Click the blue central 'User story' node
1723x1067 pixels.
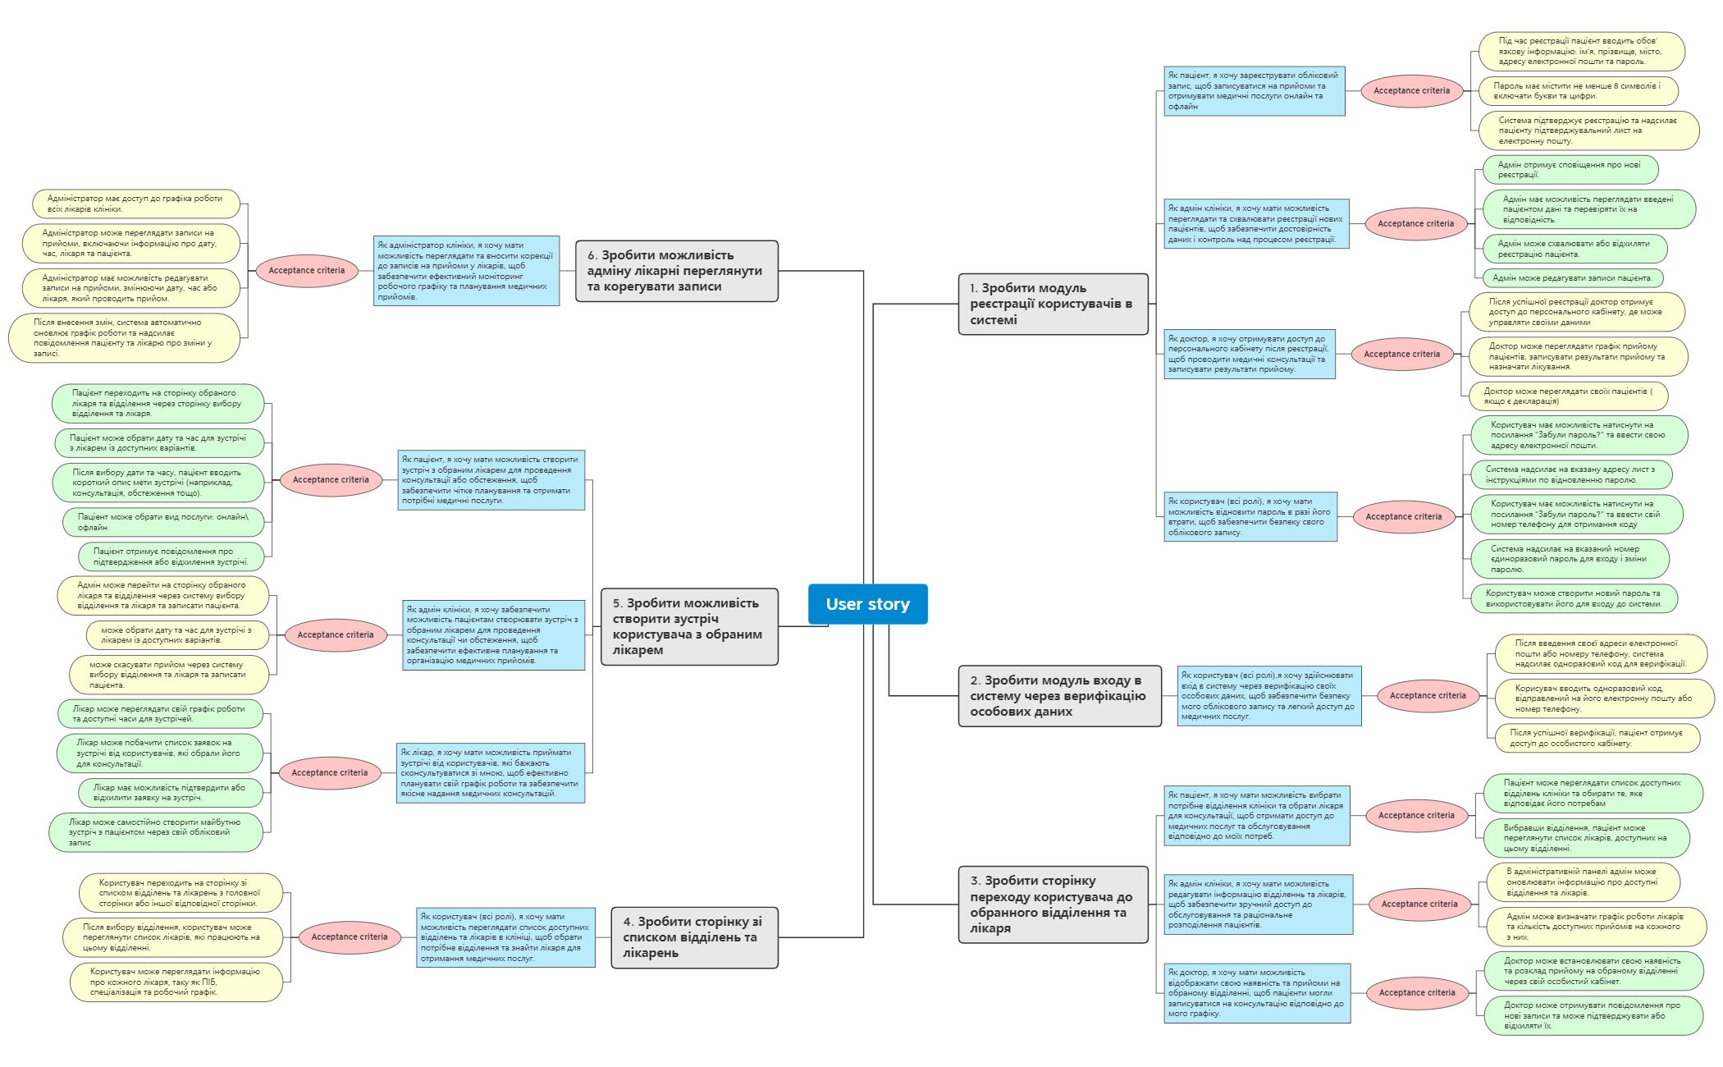coord(867,604)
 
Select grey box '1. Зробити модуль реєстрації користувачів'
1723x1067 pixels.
coord(1053,304)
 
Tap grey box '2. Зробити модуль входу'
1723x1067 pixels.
coord(1059,696)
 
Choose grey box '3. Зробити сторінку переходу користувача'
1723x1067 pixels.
coord(1053,904)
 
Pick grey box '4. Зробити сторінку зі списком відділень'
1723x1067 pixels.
coord(694,937)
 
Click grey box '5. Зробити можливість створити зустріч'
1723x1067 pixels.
coord(689,626)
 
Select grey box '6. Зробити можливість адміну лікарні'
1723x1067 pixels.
coord(676,271)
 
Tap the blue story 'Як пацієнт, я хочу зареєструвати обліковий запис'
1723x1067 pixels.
coord(1254,91)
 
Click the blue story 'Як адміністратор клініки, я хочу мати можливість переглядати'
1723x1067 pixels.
coord(466,271)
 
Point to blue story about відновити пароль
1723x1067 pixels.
coord(1250,516)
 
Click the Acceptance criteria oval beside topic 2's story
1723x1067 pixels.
coord(1428,695)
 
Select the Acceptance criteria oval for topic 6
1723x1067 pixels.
coord(307,270)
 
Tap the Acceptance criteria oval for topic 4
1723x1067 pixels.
coord(350,936)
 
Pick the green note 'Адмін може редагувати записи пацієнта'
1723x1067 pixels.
coord(1572,278)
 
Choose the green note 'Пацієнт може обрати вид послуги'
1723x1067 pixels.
coord(163,522)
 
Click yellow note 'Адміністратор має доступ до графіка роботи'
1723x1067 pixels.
coord(135,204)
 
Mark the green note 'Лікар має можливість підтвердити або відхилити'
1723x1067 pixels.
coord(171,792)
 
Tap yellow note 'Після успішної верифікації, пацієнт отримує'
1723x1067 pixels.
coord(1596,738)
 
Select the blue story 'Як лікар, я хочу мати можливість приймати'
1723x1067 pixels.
coord(490,772)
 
